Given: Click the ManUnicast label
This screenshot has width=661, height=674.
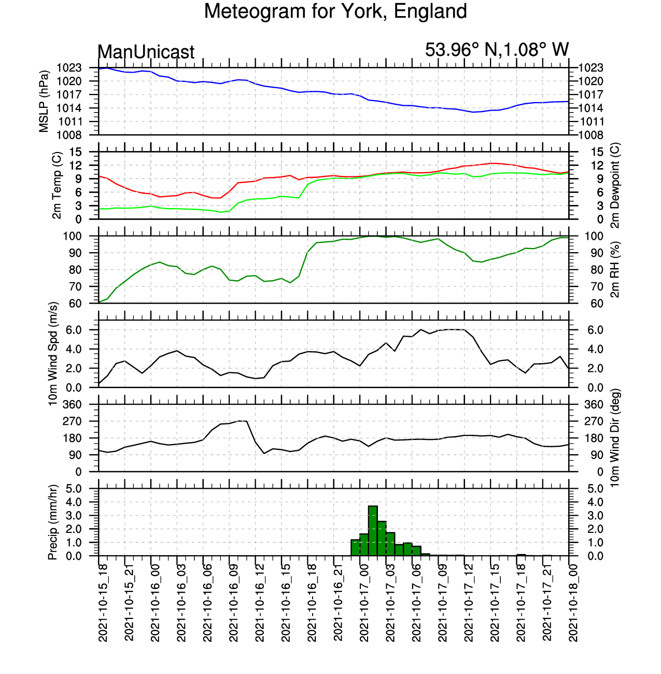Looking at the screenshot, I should (x=146, y=52).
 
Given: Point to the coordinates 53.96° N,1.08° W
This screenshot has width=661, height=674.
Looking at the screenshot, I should (x=497, y=50).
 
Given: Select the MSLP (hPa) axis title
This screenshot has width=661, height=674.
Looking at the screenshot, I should (x=44, y=101).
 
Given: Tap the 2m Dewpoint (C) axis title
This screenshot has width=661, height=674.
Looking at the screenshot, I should (x=615, y=185).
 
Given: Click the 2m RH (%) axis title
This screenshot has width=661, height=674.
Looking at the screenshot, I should (x=615, y=269).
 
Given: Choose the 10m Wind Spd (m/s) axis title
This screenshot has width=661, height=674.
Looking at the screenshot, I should (x=53, y=354).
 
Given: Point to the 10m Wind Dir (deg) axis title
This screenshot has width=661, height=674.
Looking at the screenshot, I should (x=615, y=438).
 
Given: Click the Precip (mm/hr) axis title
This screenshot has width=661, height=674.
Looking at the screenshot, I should (x=53, y=522).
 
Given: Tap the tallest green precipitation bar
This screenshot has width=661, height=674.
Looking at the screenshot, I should (x=373, y=530).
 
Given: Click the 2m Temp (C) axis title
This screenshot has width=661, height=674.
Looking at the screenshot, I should (x=57, y=185).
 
